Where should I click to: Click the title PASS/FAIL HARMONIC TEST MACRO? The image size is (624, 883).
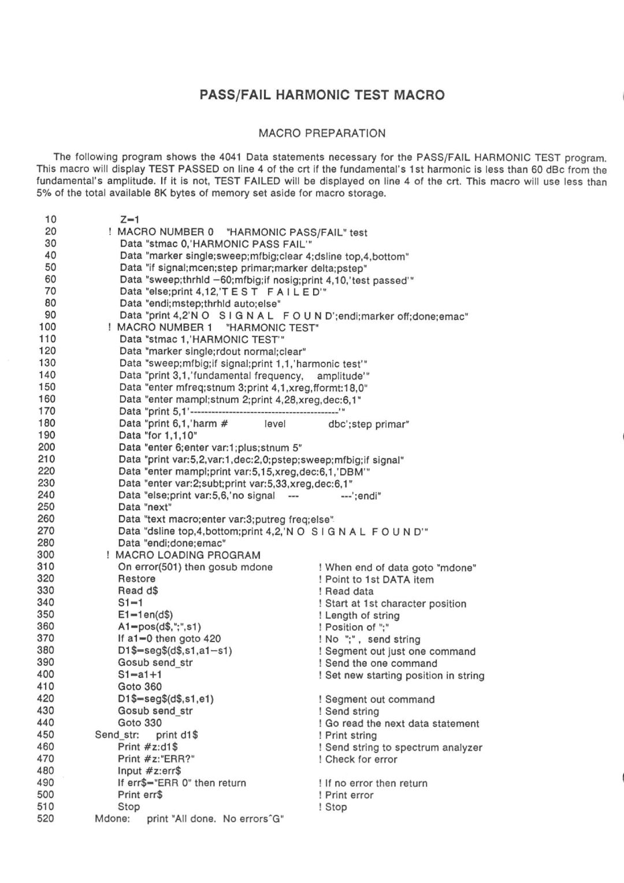(x=322, y=95)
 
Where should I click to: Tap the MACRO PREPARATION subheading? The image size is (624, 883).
(x=322, y=133)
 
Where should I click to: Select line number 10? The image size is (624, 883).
(x=51, y=220)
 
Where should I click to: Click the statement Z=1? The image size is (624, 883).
(x=130, y=220)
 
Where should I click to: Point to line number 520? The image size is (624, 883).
(x=46, y=818)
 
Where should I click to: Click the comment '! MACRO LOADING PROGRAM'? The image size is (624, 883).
(x=183, y=555)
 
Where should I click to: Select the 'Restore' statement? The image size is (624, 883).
(x=136, y=578)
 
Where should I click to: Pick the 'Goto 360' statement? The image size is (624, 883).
(x=140, y=687)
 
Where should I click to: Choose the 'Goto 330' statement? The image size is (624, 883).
(x=140, y=722)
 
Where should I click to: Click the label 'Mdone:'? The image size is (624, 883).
(x=112, y=819)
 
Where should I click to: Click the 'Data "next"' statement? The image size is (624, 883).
(x=145, y=507)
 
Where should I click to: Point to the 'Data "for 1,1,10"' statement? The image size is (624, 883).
(x=158, y=435)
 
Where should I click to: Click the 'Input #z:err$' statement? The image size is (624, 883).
(x=150, y=771)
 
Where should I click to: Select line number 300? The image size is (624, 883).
(x=46, y=555)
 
